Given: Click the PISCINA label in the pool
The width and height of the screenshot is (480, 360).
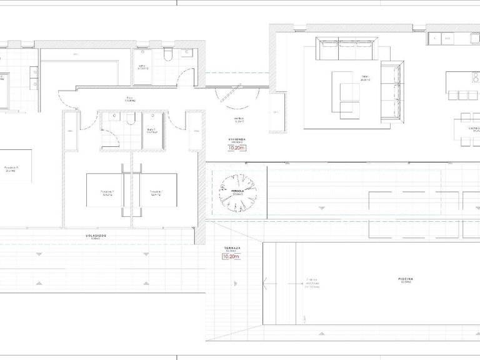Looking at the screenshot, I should click(x=406, y=279).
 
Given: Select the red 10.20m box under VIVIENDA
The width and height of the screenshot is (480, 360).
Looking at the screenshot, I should click(x=237, y=149).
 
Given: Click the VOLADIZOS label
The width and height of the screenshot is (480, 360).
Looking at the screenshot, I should click(x=96, y=235).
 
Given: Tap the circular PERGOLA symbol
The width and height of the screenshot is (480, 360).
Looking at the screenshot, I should click(x=238, y=192).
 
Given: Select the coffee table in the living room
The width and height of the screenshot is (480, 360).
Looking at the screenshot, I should click(x=341, y=85).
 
